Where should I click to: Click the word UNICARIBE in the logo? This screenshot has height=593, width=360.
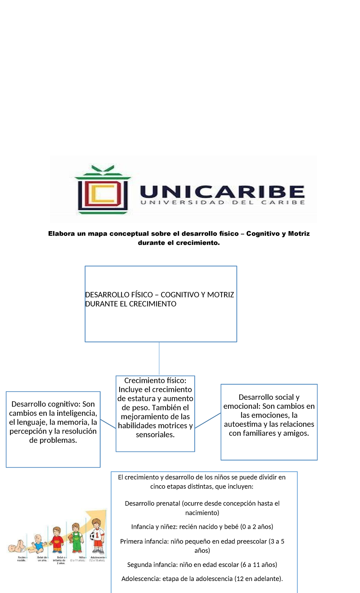222,191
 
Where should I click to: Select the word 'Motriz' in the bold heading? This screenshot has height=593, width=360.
299,233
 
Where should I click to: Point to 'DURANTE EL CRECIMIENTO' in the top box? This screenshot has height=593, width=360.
131,304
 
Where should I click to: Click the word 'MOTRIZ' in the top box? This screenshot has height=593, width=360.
220,295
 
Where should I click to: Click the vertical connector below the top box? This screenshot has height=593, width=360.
159,359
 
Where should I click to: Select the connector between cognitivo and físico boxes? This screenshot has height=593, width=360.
108,424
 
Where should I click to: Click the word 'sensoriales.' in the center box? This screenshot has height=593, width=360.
155,435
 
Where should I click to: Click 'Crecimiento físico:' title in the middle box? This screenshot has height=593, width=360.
155,381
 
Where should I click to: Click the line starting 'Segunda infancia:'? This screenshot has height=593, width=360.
202,564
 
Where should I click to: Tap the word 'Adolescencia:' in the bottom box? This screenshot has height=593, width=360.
141,579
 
